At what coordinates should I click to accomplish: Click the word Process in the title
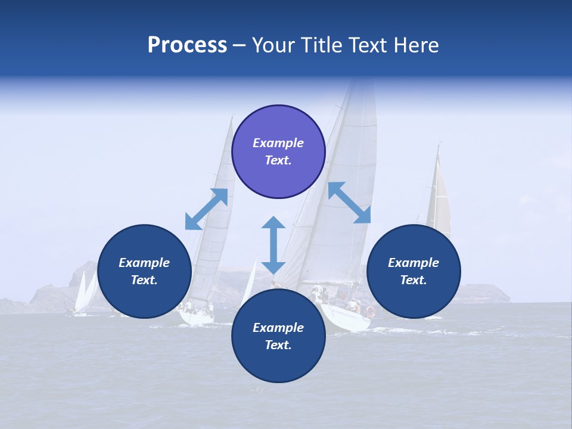click(x=187, y=45)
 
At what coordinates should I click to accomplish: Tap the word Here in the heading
click(x=415, y=45)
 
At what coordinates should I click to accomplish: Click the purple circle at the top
click(x=278, y=152)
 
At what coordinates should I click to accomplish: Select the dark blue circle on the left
click(x=144, y=272)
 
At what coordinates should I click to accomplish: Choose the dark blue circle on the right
click(x=414, y=272)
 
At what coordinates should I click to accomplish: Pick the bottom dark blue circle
click(x=278, y=336)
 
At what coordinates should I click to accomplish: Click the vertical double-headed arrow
click(x=273, y=245)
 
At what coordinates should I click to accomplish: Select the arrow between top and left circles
click(x=207, y=209)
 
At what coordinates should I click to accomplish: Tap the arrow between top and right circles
click(x=349, y=203)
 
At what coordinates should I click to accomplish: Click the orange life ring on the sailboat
click(x=371, y=311)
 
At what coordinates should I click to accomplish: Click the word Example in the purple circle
click(x=278, y=143)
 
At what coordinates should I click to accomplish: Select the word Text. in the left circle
click(x=144, y=280)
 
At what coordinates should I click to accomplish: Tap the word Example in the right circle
click(x=414, y=263)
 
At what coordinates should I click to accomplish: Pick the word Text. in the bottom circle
click(x=278, y=345)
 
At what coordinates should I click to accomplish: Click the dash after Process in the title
click(x=240, y=46)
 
